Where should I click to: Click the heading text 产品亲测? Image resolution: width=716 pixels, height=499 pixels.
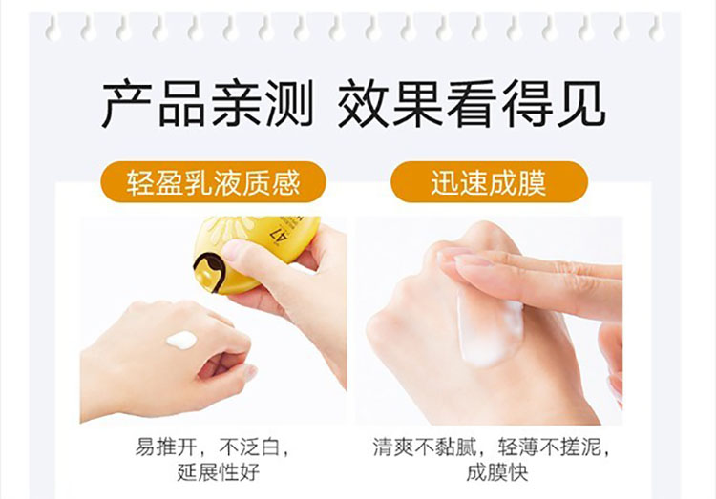(x=207, y=104)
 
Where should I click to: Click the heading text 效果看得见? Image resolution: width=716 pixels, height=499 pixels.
(x=472, y=104)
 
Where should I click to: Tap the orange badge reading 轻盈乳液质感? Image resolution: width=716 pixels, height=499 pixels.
(x=213, y=182)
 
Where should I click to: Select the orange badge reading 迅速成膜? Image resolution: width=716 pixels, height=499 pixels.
(x=489, y=182)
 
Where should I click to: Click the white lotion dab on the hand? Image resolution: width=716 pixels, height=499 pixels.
(x=181, y=340)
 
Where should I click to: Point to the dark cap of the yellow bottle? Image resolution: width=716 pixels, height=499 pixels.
(x=210, y=272)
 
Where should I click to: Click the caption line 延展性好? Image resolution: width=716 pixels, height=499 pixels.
(x=219, y=471)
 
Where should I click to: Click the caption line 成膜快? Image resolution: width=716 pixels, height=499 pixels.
(x=496, y=471)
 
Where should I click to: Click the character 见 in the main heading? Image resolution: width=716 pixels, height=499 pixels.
(x=581, y=104)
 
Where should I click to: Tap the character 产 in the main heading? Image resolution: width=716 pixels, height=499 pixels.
(x=127, y=104)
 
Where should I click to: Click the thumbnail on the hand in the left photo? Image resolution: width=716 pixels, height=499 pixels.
(x=249, y=372)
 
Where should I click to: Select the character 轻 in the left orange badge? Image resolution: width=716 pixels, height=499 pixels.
(x=140, y=182)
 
